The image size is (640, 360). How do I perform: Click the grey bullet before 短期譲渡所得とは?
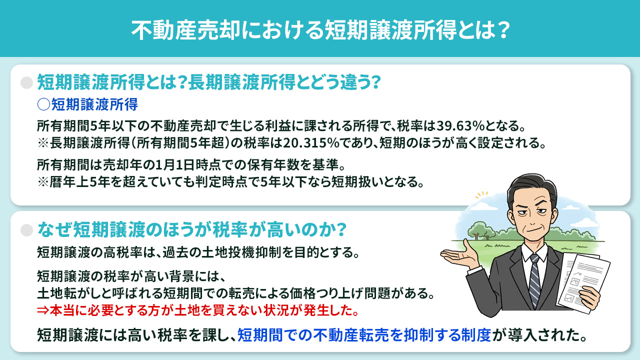pos(26,82)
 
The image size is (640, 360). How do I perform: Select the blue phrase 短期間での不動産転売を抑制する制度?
pos(364,334)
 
